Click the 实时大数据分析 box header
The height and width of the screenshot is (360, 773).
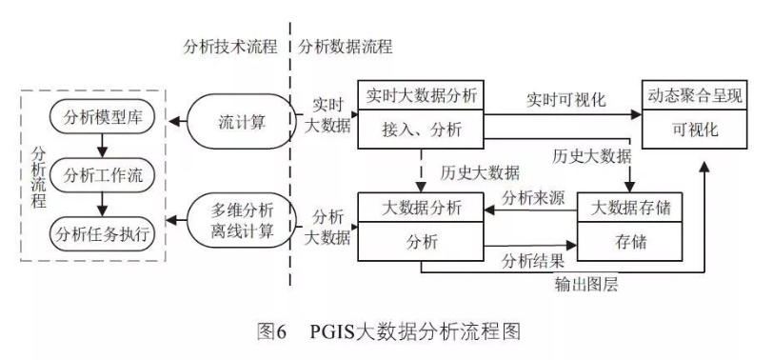(421, 96)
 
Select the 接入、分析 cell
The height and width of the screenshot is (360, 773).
(421, 130)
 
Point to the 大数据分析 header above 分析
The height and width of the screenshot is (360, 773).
(421, 207)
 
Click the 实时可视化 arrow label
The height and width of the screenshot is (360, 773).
(565, 98)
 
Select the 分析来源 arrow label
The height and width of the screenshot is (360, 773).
(534, 197)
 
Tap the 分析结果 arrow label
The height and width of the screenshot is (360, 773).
(534, 259)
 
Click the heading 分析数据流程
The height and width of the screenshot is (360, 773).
(346, 46)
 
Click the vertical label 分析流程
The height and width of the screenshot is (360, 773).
(37, 176)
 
